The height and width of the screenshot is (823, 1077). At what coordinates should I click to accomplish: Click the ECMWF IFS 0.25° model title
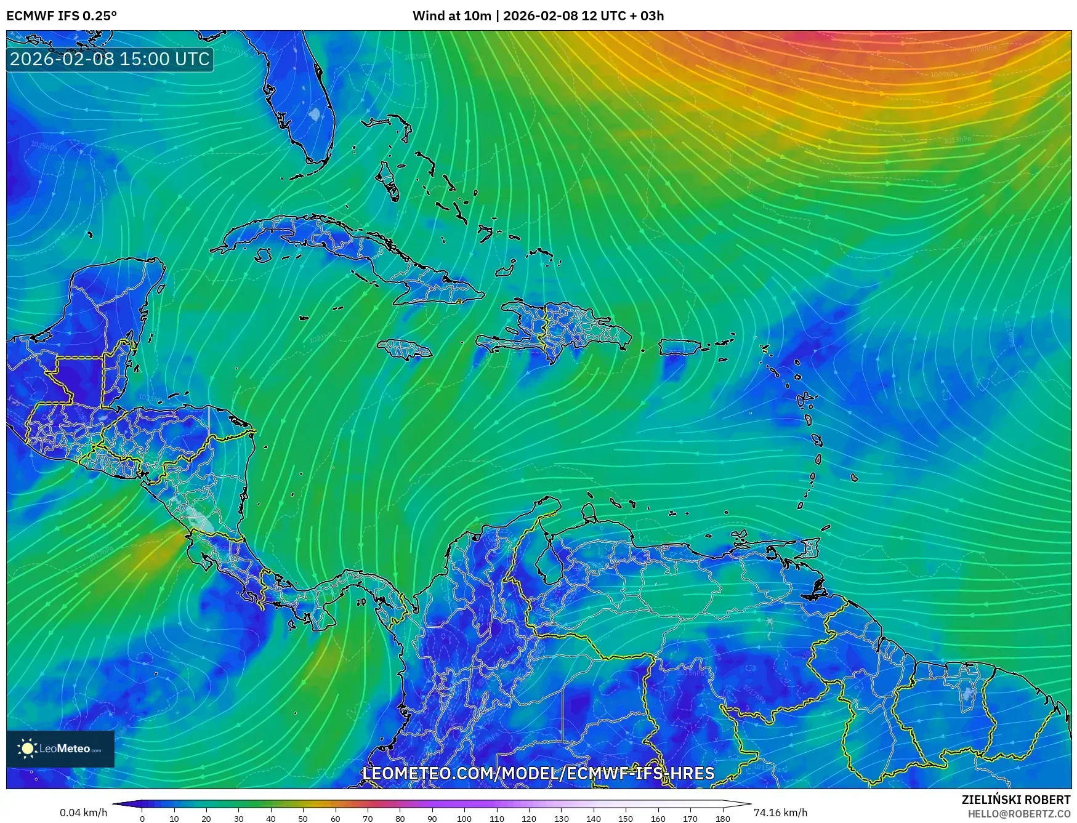[x=62, y=16]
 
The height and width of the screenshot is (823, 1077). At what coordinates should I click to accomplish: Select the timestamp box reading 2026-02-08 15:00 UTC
[x=110, y=59]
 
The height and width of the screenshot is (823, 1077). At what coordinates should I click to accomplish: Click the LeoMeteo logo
[x=60, y=749]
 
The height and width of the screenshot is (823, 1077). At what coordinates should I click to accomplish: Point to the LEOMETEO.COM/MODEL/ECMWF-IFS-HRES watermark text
[x=538, y=773]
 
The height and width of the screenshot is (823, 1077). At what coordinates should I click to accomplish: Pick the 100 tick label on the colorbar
[x=464, y=819]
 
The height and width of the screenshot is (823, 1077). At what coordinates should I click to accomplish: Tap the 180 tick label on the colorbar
[x=723, y=819]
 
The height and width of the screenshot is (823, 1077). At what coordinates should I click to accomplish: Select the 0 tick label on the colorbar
[x=142, y=819]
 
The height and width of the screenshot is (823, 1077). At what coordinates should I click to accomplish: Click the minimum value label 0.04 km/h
[x=84, y=813]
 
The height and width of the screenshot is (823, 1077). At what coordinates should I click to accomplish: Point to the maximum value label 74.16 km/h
[x=780, y=813]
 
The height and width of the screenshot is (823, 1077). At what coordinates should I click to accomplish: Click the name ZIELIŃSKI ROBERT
[x=1016, y=800]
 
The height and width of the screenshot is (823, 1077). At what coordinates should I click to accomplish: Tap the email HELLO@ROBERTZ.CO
[x=1019, y=814]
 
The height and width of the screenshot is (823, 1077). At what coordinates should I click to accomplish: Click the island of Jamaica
[x=405, y=350]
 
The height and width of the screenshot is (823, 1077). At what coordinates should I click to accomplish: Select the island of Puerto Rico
[x=680, y=347]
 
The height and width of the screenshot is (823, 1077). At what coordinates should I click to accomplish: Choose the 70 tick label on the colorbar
[x=368, y=819]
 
